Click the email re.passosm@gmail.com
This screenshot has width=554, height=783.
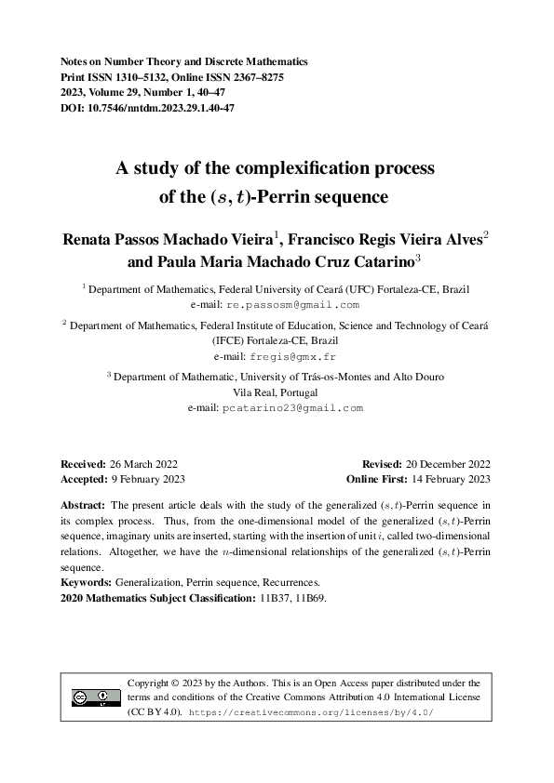[305, 304]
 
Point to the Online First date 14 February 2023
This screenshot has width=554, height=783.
[450, 479]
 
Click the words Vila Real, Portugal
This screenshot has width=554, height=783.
[277, 391]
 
